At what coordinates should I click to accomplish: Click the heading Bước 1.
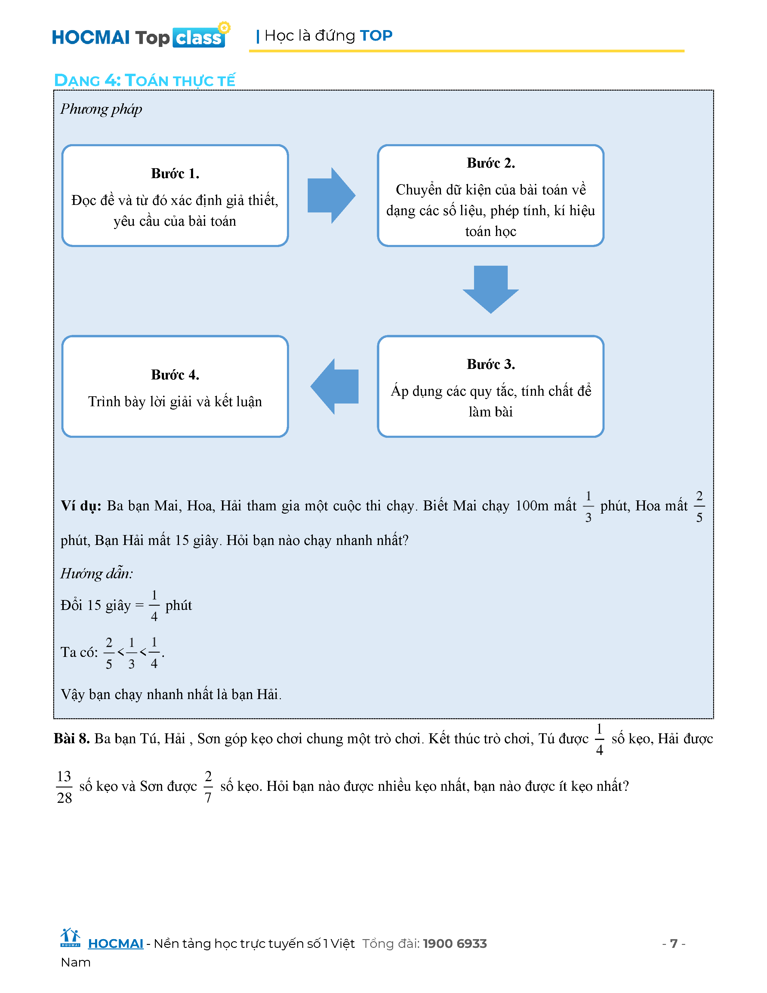click(175, 174)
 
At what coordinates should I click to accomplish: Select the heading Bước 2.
click(491, 163)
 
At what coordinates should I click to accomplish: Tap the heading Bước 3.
click(491, 364)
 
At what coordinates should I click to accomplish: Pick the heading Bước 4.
click(175, 375)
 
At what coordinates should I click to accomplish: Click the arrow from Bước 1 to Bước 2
click(331, 196)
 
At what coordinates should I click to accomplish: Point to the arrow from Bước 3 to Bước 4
click(334, 386)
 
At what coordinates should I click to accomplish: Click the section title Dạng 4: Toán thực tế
click(144, 80)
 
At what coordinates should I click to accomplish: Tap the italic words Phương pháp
click(101, 109)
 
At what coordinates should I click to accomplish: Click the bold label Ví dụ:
click(81, 506)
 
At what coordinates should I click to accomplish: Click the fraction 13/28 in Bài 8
click(64, 787)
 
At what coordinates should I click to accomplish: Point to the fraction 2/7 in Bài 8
click(208, 787)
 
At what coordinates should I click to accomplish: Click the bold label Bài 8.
click(71, 738)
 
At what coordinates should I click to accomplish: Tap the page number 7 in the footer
click(673, 944)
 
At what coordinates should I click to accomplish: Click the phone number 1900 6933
click(454, 944)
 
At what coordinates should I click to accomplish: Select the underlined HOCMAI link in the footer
click(116, 944)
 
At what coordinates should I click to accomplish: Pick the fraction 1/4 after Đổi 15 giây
click(154, 606)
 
